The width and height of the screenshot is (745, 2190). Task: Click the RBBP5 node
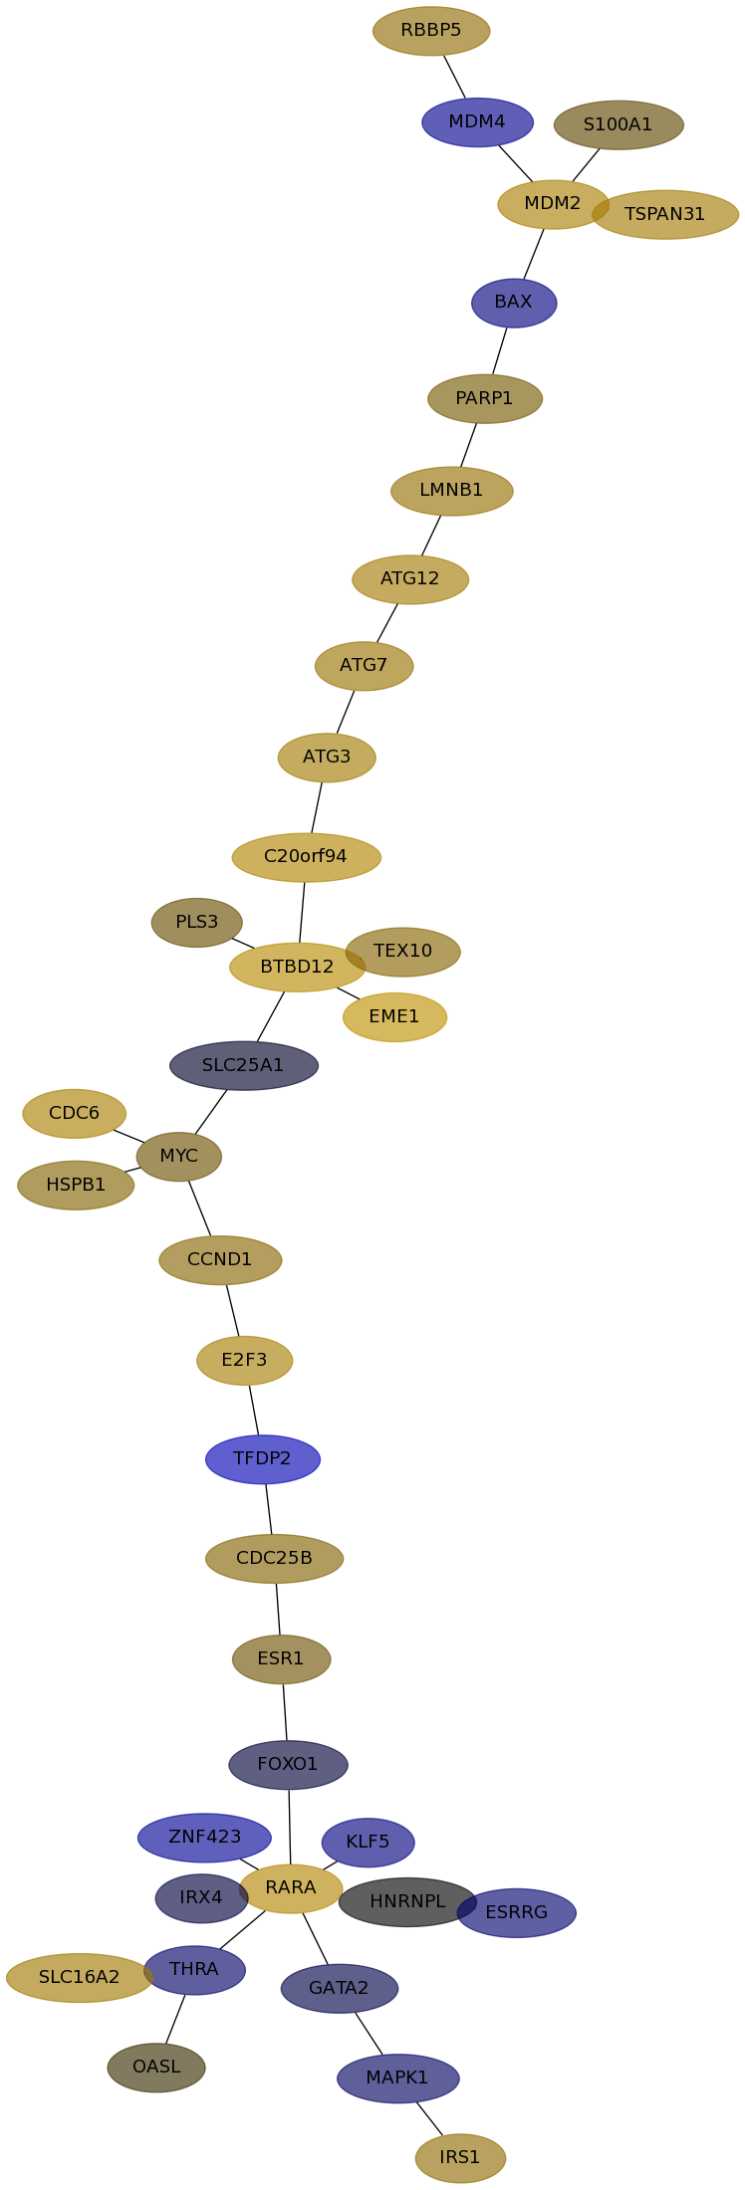click(431, 31)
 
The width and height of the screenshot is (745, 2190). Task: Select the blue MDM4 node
click(477, 122)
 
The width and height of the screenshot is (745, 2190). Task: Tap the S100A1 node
click(618, 125)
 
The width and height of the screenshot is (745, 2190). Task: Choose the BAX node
click(514, 303)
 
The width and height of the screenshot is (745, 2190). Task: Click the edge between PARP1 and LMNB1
click(468, 445)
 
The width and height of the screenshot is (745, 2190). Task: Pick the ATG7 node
click(364, 666)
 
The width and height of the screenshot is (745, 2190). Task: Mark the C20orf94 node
click(306, 857)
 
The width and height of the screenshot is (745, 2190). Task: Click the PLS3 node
click(196, 923)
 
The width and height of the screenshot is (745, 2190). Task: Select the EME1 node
click(394, 1017)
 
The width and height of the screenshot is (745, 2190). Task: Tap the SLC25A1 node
click(244, 1066)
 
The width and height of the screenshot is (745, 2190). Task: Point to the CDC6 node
click(74, 1114)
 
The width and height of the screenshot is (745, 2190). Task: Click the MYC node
click(179, 1157)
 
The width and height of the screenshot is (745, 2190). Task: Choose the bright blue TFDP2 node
click(263, 1459)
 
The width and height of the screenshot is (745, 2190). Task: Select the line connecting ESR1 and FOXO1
click(285, 1712)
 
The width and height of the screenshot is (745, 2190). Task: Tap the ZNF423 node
click(204, 1838)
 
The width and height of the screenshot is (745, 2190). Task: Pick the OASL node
click(156, 2068)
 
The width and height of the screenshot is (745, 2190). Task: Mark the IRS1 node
click(460, 2158)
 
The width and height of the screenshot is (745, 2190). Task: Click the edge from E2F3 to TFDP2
click(254, 1410)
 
